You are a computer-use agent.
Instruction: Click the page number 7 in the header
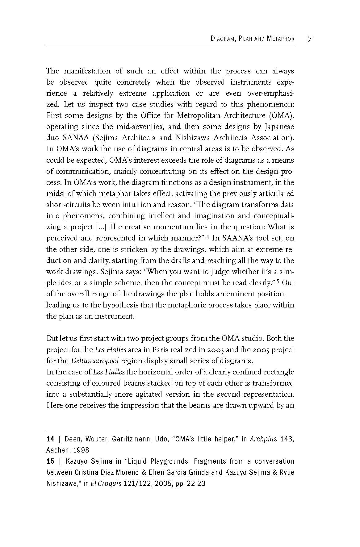[310, 39]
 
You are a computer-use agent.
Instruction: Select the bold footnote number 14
[50, 439]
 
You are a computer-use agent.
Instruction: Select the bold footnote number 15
[50, 461]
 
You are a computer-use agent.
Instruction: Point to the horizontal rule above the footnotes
[86, 430]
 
